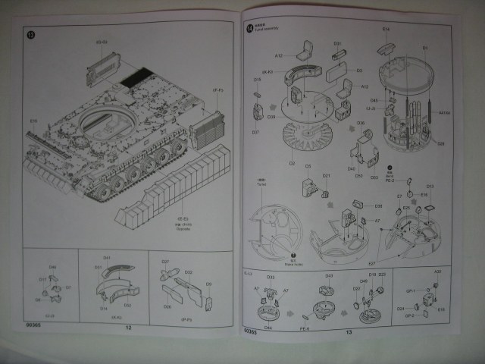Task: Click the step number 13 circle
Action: click(31, 35)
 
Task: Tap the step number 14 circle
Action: click(250, 28)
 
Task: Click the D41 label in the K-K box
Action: click(107, 259)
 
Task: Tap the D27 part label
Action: click(164, 262)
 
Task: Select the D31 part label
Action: click(337, 43)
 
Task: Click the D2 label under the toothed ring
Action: click(292, 162)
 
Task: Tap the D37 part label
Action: click(255, 132)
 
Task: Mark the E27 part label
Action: click(372, 262)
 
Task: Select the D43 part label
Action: click(329, 276)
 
